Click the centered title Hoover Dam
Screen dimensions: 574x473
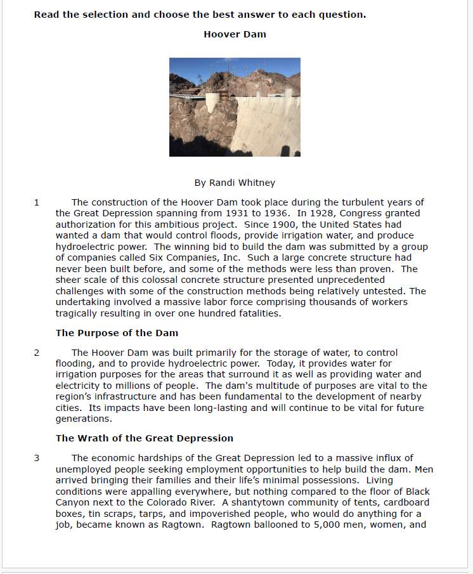[235, 34]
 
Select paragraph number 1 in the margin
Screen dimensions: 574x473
[37, 202]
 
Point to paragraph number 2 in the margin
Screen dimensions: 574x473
[37, 353]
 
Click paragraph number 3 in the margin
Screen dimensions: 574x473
[37, 458]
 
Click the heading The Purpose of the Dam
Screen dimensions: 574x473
[117, 333]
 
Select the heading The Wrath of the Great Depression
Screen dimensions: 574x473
[145, 438]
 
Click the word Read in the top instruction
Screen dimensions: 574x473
[46, 15]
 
